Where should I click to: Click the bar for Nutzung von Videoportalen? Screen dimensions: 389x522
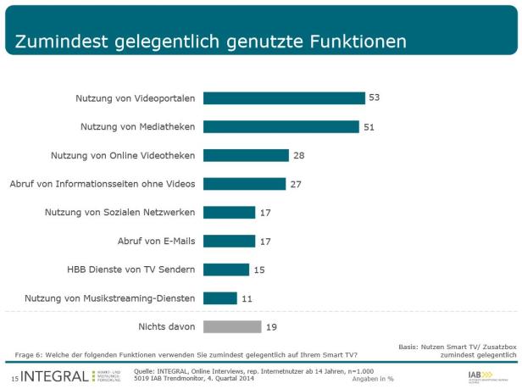pyautogui.click(x=284, y=98)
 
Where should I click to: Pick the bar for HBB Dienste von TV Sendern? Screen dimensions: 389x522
pyautogui.click(x=226, y=270)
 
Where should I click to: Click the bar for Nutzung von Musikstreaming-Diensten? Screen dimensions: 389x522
pyautogui.click(x=220, y=298)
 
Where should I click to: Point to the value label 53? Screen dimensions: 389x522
pyautogui.click(x=374, y=98)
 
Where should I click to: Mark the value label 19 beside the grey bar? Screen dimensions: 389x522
pyautogui.click(x=271, y=326)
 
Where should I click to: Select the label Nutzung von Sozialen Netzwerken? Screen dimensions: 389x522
pyautogui.click(x=120, y=212)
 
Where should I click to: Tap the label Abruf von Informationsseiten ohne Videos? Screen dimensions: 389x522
pyautogui.click(x=103, y=184)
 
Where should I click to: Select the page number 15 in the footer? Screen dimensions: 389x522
pyautogui.click(x=14, y=376)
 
